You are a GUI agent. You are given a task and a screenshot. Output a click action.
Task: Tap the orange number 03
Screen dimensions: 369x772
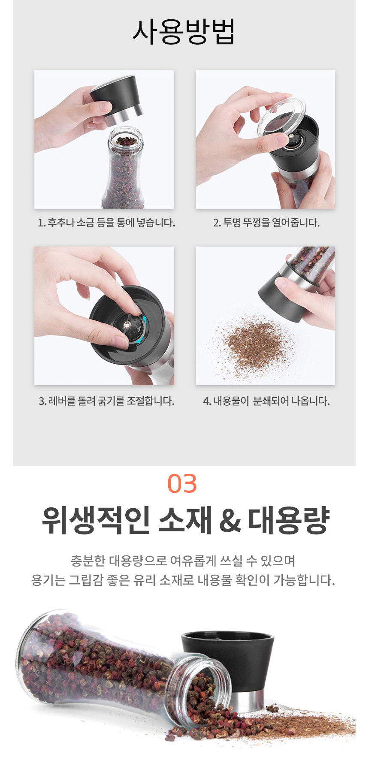pos(182,484)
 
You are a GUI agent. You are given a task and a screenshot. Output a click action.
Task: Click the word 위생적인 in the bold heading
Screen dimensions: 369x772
pos(96,520)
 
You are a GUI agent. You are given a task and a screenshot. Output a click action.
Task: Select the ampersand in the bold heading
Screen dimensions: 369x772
pos(230,521)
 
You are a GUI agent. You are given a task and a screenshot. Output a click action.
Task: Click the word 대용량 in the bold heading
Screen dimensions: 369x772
pos(289,520)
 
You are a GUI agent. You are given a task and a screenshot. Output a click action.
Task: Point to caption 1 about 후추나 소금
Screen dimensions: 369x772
pos(106,223)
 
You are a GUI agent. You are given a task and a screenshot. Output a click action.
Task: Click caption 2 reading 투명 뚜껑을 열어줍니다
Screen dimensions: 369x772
pos(266,223)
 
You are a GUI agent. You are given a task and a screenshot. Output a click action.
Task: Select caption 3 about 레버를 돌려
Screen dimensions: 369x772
pos(106,401)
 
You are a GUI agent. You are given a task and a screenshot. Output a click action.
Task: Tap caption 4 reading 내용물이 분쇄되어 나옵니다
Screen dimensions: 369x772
pos(266,401)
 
